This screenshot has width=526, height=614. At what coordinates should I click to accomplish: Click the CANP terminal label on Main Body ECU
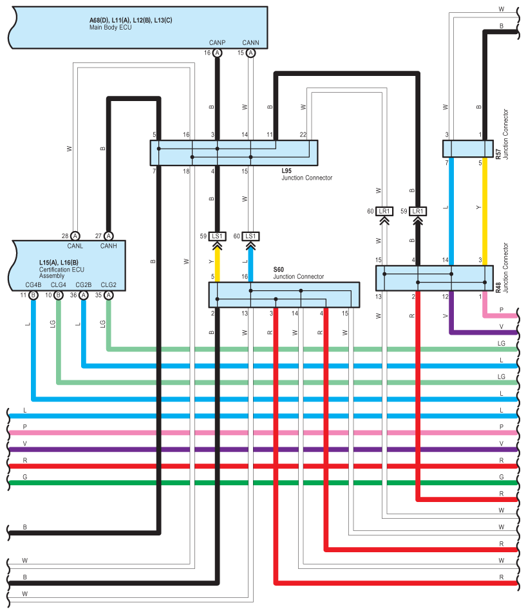click(x=217, y=42)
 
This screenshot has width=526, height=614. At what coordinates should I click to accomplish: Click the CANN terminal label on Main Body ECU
click(x=250, y=42)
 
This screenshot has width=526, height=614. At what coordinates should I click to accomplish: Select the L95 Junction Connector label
click(x=306, y=174)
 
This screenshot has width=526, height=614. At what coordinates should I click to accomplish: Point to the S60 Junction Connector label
click(x=299, y=273)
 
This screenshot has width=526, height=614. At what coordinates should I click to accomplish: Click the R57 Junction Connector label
click(x=502, y=135)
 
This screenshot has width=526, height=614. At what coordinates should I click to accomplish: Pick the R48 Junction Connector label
click(x=502, y=268)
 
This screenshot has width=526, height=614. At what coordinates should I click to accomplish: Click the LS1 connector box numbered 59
click(x=217, y=236)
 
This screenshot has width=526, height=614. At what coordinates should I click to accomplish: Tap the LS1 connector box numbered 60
click(x=250, y=236)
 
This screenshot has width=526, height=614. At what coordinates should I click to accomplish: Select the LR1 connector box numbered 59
click(x=418, y=212)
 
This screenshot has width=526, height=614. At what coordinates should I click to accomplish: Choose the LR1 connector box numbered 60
click(x=384, y=212)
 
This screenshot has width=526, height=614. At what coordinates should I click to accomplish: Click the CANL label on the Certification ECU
click(x=75, y=246)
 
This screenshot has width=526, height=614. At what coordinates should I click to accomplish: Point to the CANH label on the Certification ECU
click(x=109, y=246)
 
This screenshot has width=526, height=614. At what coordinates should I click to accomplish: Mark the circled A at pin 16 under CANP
click(x=218, y=53)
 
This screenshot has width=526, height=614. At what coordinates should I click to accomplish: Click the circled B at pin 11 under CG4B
click(x=33, y=295)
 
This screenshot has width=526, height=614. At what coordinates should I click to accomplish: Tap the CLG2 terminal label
click(x=109, y=284)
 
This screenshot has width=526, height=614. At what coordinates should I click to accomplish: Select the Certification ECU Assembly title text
click(x=62, y=269)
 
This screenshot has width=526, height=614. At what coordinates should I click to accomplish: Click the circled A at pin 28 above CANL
click(x=75, y=236)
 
